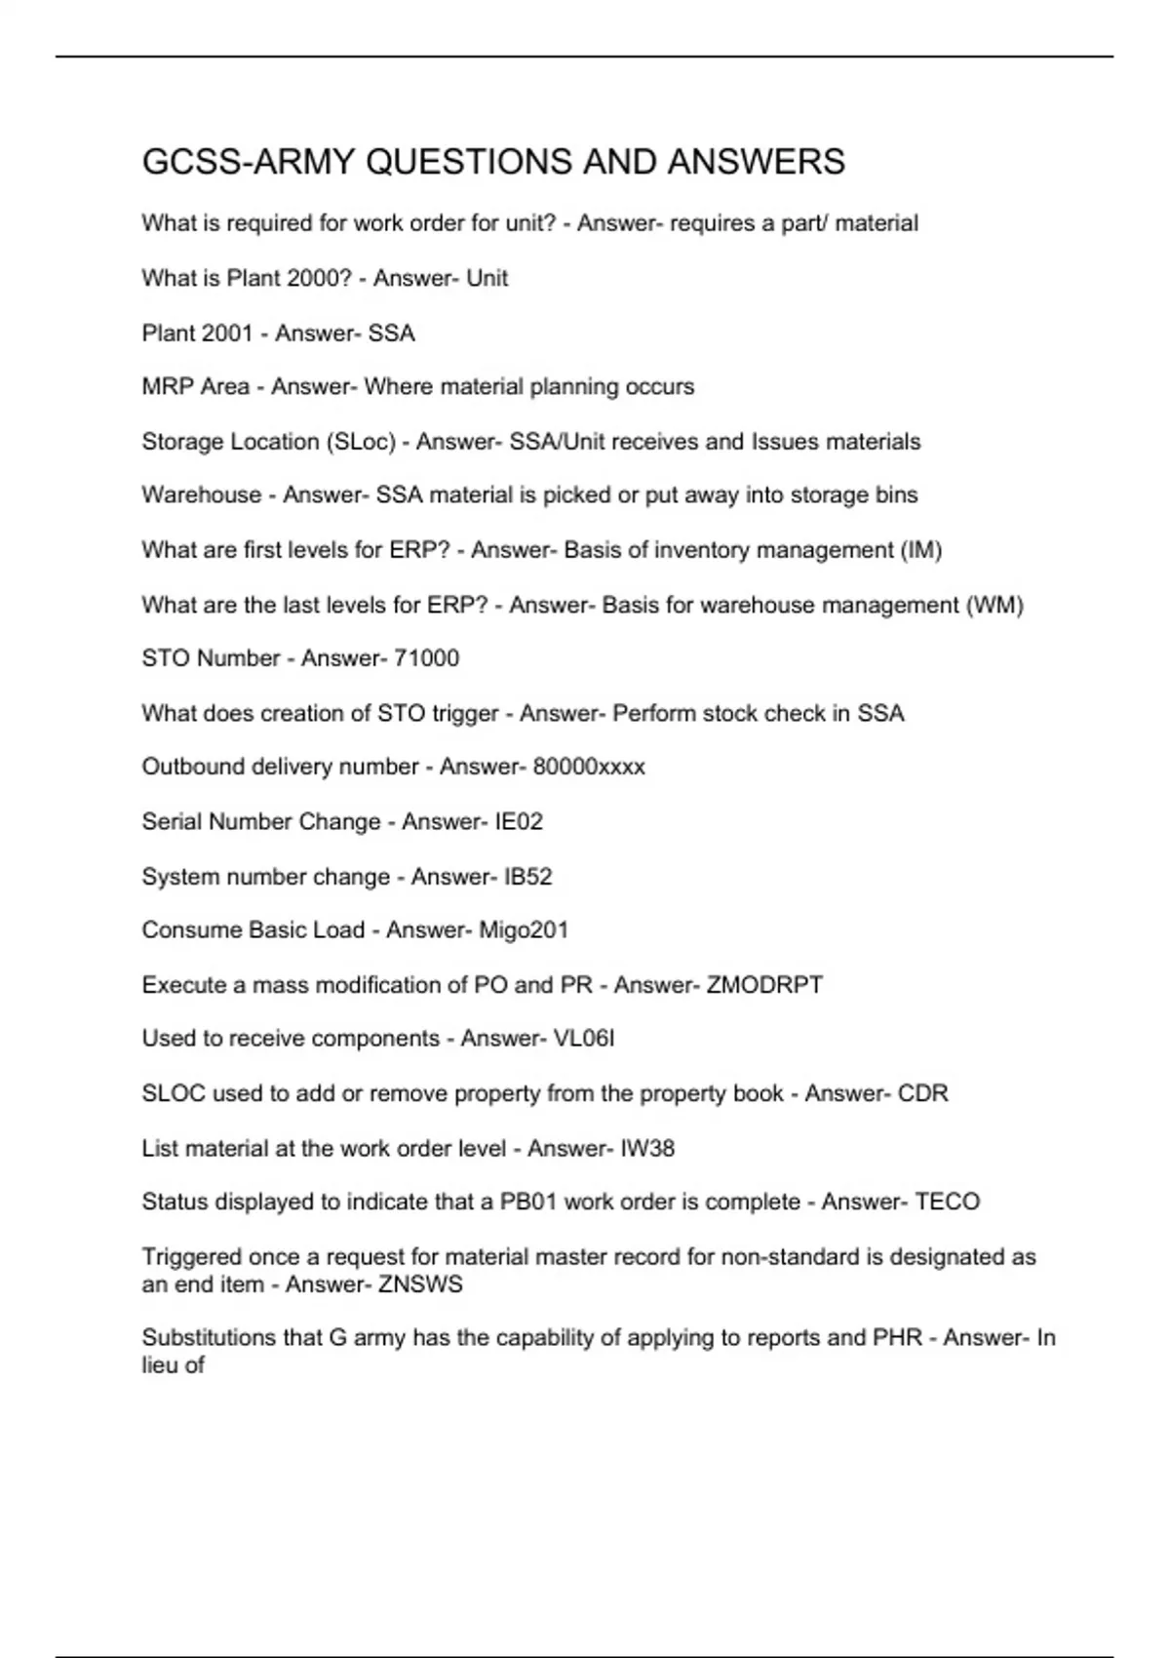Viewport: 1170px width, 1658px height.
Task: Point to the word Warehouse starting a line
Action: coord(201,495)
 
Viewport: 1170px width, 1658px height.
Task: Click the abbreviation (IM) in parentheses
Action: coord(921,550)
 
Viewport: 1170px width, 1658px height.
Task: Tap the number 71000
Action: coord(426,658)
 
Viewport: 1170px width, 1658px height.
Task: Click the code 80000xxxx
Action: coord(589,767)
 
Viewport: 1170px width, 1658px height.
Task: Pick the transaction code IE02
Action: coord(519,821)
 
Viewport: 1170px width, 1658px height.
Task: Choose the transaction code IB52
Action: coord(527,877)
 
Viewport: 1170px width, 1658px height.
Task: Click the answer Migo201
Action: coord(524,929)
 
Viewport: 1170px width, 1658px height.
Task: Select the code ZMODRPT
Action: coord(764,985)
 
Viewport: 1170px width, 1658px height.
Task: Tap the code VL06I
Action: coord(584,1039)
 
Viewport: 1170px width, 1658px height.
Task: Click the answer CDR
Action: coord(922,1093)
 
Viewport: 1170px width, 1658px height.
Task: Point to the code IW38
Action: coord(647,1149)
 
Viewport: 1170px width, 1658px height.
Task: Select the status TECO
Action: coord(947,1202)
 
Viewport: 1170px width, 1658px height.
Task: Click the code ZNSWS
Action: coord(420,1284)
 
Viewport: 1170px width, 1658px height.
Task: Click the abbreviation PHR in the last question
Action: coord(897,1338)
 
